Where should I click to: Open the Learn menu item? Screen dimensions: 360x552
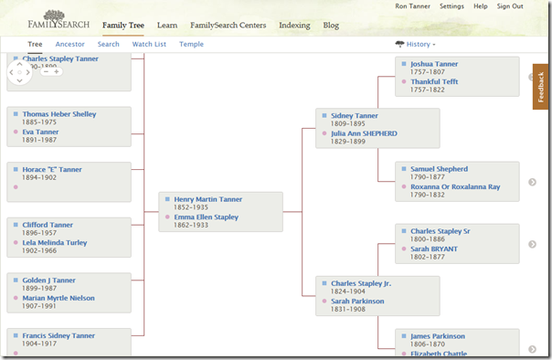click(167, 26)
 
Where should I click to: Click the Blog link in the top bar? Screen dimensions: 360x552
click(331, 26)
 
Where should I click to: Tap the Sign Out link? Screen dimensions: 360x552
click(510, 6)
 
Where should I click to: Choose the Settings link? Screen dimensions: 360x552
click(451, 6)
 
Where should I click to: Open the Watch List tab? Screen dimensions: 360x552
click(149, 44)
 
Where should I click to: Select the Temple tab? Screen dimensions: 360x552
click(192, 44)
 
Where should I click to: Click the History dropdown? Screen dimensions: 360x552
click(416, 44)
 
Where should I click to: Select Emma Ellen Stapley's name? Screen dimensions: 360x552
click(207, 217)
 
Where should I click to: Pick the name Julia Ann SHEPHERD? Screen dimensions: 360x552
click(364, 133)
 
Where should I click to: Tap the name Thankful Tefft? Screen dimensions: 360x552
click(434, 81)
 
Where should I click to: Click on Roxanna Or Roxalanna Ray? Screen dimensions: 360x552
click(455, 186)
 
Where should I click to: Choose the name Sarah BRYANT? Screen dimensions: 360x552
click(434, 249)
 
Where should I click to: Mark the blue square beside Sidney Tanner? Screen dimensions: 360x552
click(323, 116)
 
